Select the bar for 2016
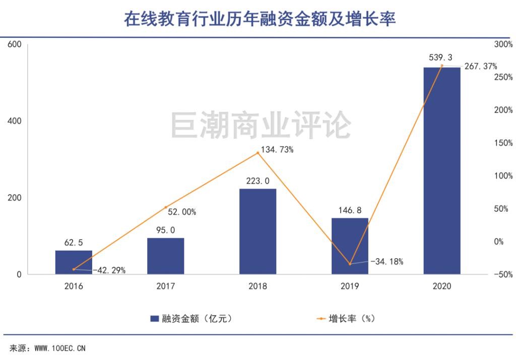click(74, 262)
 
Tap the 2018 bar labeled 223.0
click(257, 231)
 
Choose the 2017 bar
click(165, 256)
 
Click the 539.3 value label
click(441, 57)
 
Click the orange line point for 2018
click(258, 153)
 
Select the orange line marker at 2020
click(442, 66)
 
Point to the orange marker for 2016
click(74, 269)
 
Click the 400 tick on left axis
click(14, 121)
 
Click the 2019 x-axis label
click(350, 286)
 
